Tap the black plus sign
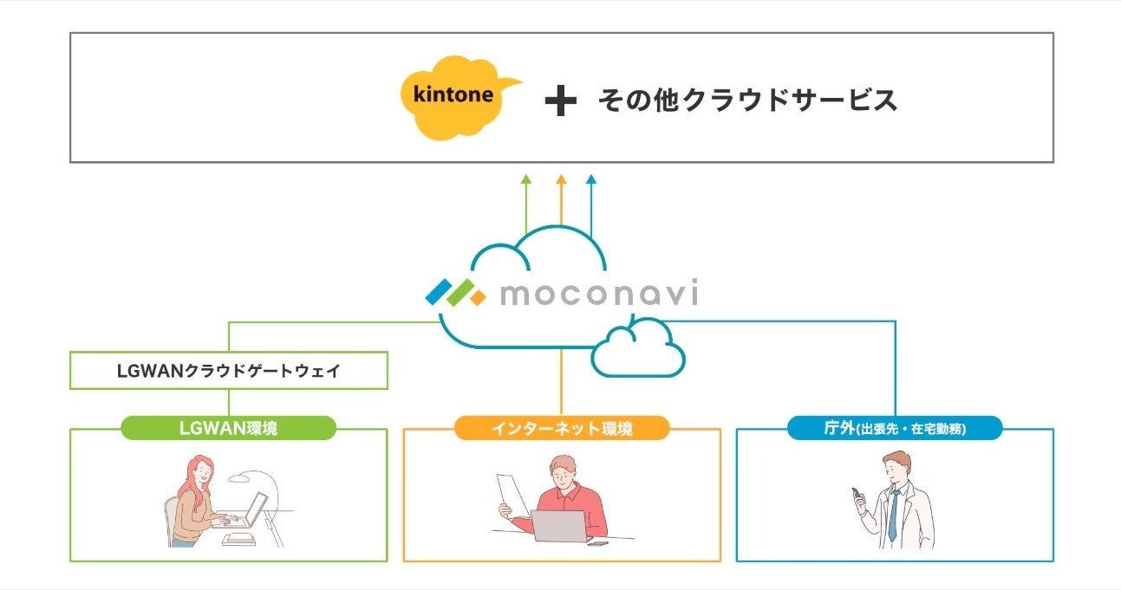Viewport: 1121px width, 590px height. [x=560, y=102]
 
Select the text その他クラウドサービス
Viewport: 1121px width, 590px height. [x=746, y=100]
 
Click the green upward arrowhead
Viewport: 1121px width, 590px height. [x=525, y=179]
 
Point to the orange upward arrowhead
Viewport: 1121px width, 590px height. [x=561, y=179]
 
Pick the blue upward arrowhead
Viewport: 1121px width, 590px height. [x=591, y=179]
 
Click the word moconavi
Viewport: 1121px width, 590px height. [x=598, y=295]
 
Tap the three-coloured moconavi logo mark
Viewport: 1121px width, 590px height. [x=456, y=292]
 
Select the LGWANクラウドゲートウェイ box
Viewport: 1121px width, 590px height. [x=229, y=371]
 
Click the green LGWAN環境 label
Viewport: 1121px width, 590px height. [x=228, y=428]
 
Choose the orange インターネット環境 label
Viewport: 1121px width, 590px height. [x=562, y=428]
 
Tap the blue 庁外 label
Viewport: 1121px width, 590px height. [x=895, y=428]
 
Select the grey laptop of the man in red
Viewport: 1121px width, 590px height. [x=558, y=526]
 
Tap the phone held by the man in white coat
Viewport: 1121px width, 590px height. [x=858, y=498]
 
